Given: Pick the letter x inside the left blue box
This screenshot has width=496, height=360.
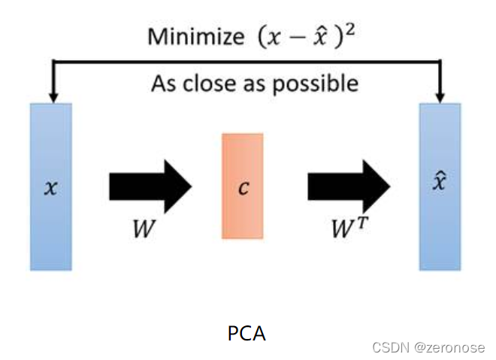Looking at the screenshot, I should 50,187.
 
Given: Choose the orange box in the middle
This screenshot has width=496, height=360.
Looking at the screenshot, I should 242,186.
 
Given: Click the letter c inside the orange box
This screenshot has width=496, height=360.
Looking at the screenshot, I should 242,186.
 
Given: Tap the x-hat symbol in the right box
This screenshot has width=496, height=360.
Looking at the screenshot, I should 440,183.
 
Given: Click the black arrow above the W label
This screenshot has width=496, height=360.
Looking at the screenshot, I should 150,186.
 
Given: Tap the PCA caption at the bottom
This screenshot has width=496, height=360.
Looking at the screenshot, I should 246,333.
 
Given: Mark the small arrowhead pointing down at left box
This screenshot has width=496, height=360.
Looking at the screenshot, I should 52,96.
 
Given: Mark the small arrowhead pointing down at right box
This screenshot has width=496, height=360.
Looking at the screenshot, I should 440,96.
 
